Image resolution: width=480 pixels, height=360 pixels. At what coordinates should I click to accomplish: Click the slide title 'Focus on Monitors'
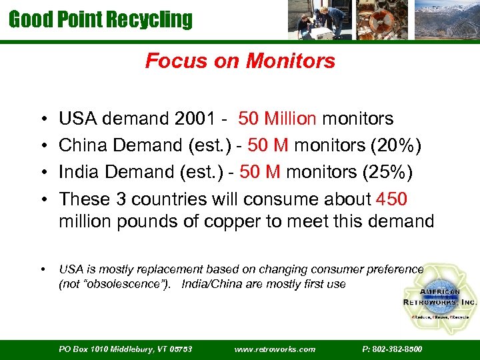click(x=240, y=61)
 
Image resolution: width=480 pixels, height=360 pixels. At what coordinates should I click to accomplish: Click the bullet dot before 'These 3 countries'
click(x=43, y=199)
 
